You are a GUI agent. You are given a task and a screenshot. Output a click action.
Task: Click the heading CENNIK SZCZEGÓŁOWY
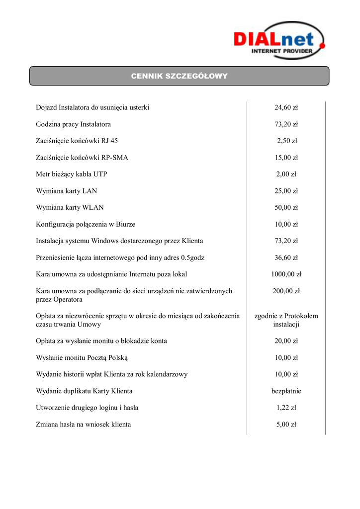point(179,76)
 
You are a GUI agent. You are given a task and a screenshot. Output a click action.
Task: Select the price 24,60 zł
point(286,107)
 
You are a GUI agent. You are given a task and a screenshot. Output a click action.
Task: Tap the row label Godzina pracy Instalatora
point(73,124)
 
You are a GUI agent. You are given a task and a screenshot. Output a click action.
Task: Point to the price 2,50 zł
point(286,141)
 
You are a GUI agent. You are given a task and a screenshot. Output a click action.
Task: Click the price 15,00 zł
point(286,158)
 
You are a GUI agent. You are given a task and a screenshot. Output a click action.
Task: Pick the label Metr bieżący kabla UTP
point(72,174)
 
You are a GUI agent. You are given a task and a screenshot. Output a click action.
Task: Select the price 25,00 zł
point(286,191)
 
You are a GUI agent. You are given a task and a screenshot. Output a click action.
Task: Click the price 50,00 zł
point(286,207)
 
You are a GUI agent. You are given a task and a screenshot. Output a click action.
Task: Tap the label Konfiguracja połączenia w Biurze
point(86,224)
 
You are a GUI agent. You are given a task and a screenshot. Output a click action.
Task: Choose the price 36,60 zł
point(286,257)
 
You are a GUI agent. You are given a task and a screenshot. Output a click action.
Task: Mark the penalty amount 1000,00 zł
point(286,274)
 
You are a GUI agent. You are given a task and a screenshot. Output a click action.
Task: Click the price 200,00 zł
point(286,291)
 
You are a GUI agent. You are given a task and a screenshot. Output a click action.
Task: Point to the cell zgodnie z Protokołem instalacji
point(286,320)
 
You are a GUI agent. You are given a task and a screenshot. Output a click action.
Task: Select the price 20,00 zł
point(286,341)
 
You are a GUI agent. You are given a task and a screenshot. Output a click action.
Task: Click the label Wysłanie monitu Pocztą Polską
point(82,357)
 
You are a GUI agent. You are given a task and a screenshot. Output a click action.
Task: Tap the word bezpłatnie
point(286,391)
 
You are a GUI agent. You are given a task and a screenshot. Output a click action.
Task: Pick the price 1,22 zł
point(286,408)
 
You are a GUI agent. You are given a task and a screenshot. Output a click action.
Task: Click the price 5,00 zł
point(286,424)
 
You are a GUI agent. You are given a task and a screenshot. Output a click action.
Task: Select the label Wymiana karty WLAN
point(70,207)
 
